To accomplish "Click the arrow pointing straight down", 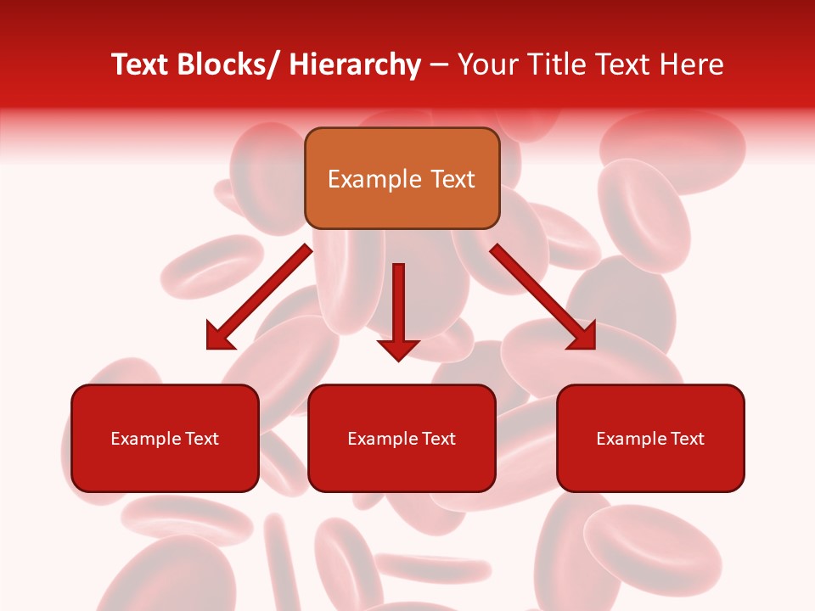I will pos(398,310).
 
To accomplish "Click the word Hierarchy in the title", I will pos(355,64).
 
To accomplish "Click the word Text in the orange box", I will pos(452,179).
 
